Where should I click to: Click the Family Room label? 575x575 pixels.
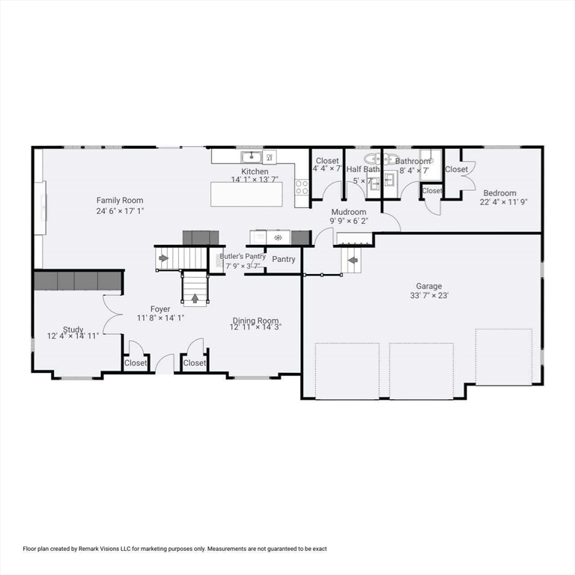120,200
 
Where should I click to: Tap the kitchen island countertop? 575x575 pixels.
247,194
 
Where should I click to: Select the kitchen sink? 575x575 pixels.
251,156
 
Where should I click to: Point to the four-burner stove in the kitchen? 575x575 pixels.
302,187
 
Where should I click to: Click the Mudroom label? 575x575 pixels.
349,212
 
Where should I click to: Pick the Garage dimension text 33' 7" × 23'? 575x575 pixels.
429,295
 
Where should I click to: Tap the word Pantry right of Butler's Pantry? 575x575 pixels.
284,259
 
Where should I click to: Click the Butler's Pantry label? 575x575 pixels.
243,256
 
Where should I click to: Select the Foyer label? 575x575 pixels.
159,308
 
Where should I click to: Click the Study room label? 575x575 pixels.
73,329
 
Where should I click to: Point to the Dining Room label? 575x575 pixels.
255,319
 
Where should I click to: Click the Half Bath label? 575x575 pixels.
363,169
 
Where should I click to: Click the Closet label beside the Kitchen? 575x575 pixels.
327,161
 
